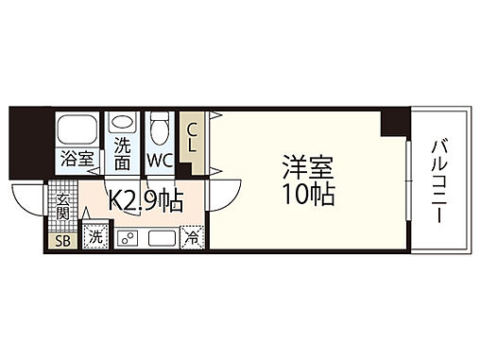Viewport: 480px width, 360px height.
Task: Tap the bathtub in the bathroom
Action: point(77,128)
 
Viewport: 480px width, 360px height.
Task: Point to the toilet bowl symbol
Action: point(160,126)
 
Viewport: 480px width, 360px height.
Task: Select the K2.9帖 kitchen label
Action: point(144,202)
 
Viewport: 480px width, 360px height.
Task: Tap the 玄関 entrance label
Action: point(62,207)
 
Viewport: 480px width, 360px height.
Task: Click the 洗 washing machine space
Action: point(94,238)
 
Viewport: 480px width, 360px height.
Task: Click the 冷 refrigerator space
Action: point(191,238)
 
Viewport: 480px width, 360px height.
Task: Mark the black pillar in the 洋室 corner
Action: point(394,123)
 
